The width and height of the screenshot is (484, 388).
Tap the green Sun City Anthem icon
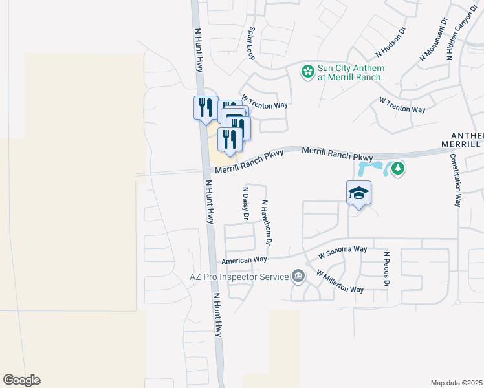308,70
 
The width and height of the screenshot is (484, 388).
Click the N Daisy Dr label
245,204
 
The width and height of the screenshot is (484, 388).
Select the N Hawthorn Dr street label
265,222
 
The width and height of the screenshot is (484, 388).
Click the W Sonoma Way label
342,252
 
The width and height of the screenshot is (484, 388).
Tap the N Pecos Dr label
386,270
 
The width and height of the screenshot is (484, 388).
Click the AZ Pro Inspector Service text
239,277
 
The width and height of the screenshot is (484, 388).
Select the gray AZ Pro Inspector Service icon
298,276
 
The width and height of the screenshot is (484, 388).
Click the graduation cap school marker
359,193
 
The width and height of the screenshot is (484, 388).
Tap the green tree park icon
398,169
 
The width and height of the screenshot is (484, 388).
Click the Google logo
21,380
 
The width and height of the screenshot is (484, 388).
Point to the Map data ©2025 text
456,383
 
